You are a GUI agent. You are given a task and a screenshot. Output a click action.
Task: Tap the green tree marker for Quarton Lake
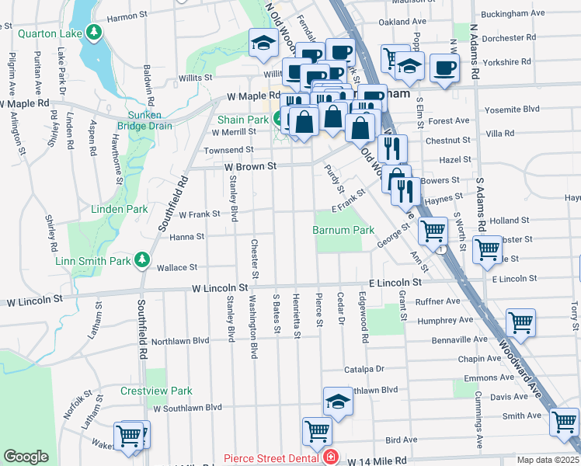pyautogui.click(x=94, y=32)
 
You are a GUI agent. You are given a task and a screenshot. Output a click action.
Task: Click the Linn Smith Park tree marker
pyautogui.click(x=142, y=259)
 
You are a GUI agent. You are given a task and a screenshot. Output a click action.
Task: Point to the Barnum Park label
pyautogui.click(x=343, y=231)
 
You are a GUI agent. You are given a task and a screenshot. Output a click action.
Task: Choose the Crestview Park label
pyautogui.click(x=156, y=391)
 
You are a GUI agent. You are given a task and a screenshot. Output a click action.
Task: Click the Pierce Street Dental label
pyautogui.click(x=273, y=458)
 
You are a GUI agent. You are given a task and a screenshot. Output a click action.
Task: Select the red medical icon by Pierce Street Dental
pyautogui.click(x=332, y=457)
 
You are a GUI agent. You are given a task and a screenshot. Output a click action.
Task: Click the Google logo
pyautogui.click(x=26, y=457)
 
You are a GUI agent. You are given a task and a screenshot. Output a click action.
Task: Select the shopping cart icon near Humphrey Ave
pyautogui.click(x=520, y=322)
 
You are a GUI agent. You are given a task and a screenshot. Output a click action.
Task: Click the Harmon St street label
pyautogui.click(x=127, y=16)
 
